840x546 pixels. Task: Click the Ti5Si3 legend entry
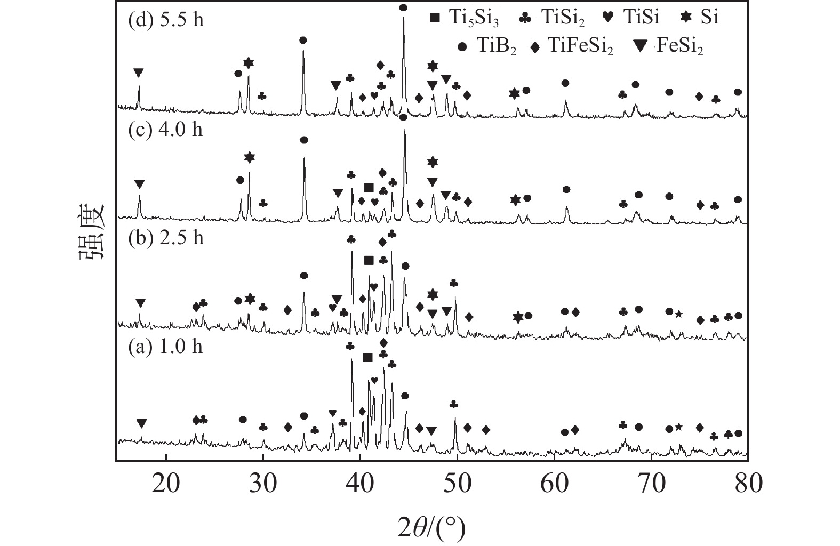point(464,19)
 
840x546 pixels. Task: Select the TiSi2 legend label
point(552,19)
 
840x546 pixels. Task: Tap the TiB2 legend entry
point(487,47)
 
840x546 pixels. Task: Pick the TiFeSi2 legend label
point(572,47)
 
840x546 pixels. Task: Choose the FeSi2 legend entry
point(669,47)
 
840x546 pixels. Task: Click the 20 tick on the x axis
point(166,484)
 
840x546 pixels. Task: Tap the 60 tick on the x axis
point(554,484)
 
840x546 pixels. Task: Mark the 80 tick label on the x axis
point(748,484)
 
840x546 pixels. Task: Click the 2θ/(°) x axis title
point(431,528)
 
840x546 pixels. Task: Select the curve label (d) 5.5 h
point(166,20)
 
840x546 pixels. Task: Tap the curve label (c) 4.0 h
point(166,130)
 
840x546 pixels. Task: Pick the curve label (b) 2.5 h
point(166,238)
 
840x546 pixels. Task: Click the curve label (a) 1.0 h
point(166,347)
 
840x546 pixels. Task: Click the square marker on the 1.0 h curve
point(367,357)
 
